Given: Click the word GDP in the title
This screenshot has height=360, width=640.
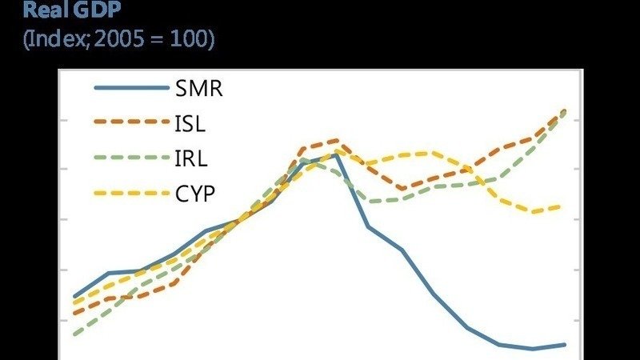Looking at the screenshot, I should point(96,10).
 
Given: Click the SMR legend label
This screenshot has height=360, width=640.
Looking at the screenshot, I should point(198,88).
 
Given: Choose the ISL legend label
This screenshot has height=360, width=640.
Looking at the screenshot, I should point(190,123).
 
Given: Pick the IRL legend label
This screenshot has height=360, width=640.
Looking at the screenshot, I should point(190,158).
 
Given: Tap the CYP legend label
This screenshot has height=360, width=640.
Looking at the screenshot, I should point(194,194).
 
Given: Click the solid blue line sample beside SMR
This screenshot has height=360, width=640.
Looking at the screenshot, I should point(128,88).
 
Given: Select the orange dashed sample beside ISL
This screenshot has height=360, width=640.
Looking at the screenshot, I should point(128,123).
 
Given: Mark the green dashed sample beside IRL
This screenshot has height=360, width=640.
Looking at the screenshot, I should point(128,158).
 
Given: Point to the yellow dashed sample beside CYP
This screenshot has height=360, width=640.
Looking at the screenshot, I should point(128,194).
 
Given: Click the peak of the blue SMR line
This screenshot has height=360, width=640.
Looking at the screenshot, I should point(337,154).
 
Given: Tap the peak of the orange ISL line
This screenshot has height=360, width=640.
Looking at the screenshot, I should point(335,140).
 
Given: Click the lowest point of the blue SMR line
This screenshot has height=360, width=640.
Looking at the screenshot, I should point(533,349).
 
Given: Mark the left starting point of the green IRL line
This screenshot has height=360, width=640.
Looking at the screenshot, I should point(74,334).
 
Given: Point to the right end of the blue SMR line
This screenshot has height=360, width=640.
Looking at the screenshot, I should point(565,345).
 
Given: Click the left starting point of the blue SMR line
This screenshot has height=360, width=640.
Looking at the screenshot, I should point(74,296).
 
